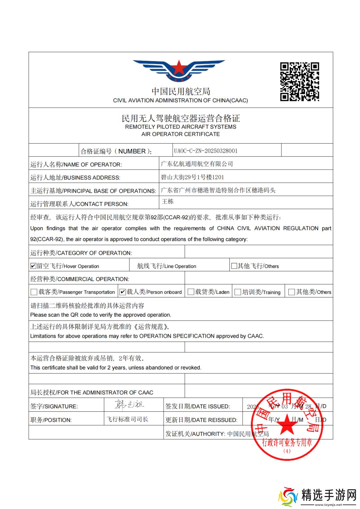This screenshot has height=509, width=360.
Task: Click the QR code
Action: [x=299, y=82]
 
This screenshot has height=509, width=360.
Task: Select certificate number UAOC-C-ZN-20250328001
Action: [x=206, y=151]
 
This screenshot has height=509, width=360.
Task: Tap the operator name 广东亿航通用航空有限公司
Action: [x=197, y=164]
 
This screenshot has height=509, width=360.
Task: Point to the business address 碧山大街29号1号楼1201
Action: [x=192, y=177]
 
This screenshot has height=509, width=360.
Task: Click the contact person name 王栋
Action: [x=168, y=201]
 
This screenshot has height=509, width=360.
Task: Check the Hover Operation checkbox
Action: [x=33, y=266]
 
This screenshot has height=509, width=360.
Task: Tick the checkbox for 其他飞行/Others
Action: [x=234, y=266]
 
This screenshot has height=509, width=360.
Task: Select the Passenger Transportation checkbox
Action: [x=34, y=292]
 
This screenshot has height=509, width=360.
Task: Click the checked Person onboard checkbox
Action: [x=123, y=292]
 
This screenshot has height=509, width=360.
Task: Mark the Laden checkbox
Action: [x=191, y=292]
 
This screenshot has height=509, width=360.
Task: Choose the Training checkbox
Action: [x=238, y=292]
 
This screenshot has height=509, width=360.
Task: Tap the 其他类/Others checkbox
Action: [x=292, y=292]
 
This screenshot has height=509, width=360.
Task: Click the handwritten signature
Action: [x=129, y=404]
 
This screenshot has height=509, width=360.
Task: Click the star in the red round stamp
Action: [x=287, y=425]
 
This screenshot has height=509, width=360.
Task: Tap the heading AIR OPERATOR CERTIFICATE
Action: [x=180, y=134]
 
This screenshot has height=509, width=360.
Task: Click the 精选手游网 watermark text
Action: [x=329, y=495]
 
